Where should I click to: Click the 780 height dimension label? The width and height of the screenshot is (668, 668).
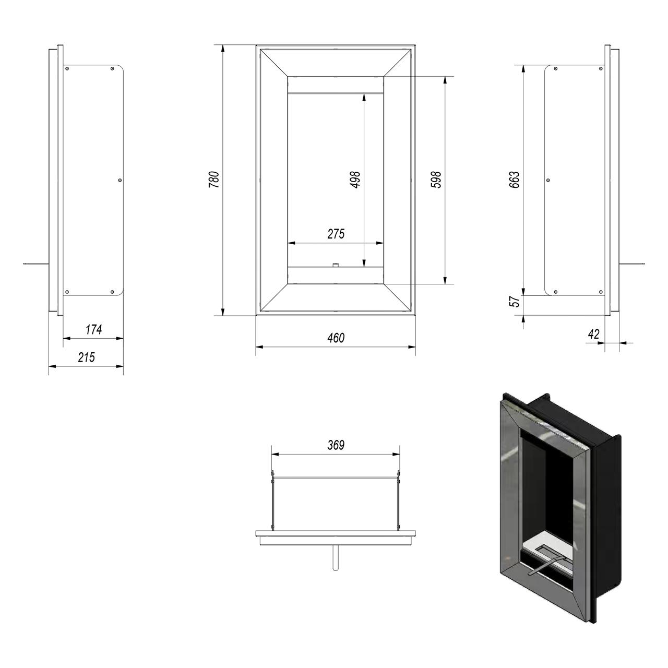coord(214,180)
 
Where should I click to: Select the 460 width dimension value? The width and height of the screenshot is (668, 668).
coord(336,338)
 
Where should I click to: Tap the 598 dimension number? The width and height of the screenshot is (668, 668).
coord(437,180)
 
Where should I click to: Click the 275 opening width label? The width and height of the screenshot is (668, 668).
coord(336,234)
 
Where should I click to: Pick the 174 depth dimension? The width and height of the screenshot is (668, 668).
coord(93,329)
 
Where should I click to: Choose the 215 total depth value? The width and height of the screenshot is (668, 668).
coord(86,357)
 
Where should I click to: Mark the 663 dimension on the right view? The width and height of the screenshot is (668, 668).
coord(515,180)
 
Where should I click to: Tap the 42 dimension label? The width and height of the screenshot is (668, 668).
coord(594,335)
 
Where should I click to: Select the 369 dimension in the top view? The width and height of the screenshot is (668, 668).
coord(336,445)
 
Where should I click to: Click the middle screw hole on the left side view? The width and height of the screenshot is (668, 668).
coord(120,180)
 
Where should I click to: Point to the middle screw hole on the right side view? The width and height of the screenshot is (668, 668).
coord(548,180)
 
